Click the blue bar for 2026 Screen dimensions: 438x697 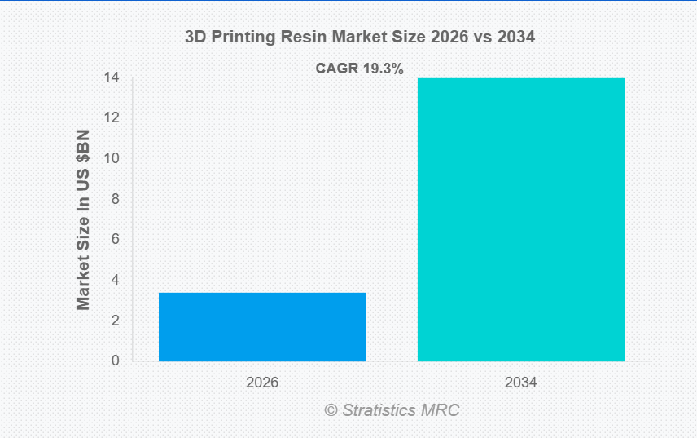(261, 326)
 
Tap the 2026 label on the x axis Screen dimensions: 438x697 (262, 382)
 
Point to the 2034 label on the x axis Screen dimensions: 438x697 (521, 382)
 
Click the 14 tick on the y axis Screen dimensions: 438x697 (112, 78)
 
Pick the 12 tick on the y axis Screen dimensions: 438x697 (112, 118)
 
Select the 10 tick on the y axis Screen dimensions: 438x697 (112, 158)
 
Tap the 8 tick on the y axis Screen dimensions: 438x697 (115, 199)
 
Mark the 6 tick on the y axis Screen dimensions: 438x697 (115, 239)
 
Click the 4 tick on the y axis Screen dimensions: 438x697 (115, 280)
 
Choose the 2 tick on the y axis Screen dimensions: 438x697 (115, 321)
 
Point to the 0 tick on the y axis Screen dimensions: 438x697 (115, 361)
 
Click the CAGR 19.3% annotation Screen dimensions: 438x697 (359, 69)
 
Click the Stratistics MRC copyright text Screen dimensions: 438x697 (392, 409)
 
